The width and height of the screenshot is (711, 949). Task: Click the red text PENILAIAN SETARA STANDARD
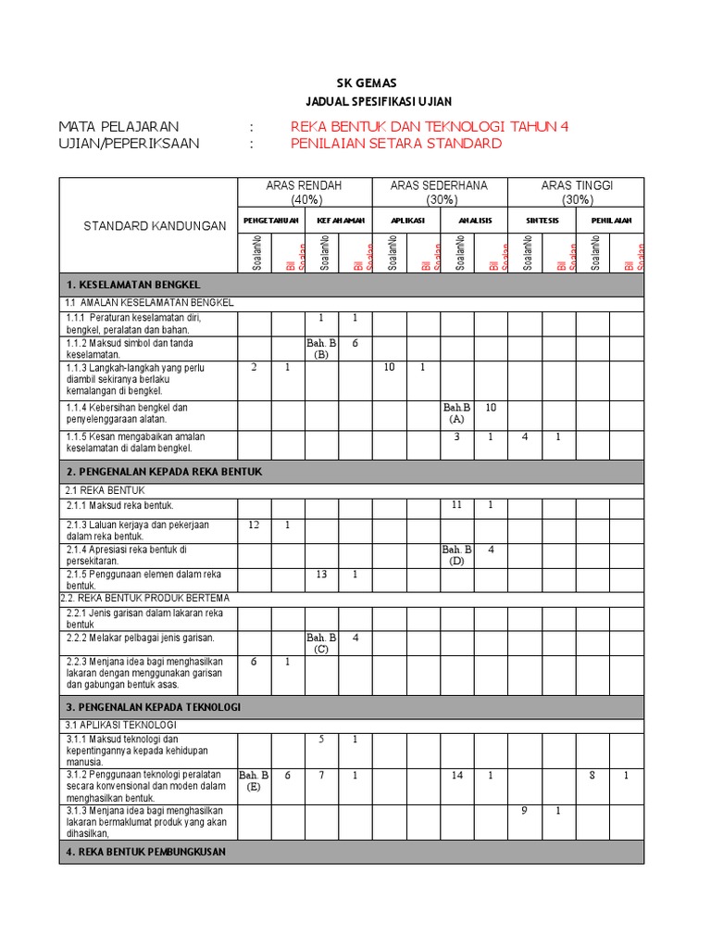pos(396,144)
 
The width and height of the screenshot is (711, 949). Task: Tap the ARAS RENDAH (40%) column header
pos(304,193)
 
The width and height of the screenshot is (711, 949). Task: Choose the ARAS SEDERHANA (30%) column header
pos(439,193)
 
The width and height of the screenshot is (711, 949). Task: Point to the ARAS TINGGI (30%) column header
pos(577,193)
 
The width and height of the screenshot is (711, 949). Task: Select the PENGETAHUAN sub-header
pos(271,221)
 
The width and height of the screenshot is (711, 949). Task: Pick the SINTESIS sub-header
pos(542,221)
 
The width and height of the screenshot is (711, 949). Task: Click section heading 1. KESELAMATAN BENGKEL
pos(133,285)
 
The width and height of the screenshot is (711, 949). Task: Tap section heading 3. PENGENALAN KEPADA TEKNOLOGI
pos(154,707)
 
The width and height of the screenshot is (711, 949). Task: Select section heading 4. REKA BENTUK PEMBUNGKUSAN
pos(146,852)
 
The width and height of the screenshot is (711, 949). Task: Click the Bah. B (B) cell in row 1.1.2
pos(321,348)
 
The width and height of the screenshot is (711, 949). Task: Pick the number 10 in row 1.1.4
pos(491,407)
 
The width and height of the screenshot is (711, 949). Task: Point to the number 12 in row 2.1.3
pos(255,525)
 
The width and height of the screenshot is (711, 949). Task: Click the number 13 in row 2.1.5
pos(321,574)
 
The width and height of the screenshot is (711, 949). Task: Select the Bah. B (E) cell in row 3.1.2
pos(254,780)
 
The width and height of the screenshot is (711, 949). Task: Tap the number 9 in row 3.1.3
pos(524,810)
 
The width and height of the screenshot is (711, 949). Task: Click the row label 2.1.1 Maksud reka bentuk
pos(120,505)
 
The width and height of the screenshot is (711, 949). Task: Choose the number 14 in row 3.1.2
pos(457,775)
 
